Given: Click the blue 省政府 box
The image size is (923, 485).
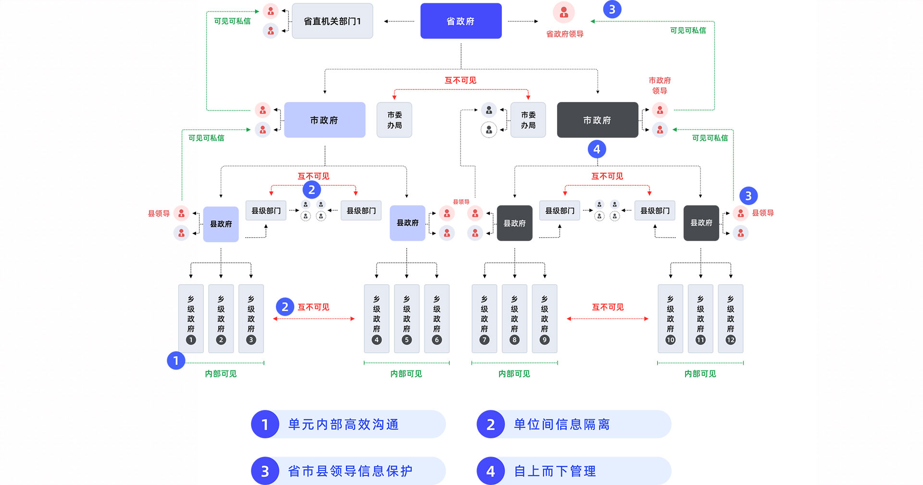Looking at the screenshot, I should (x=461, y=21).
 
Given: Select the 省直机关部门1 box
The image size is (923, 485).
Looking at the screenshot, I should (x=332, y=21).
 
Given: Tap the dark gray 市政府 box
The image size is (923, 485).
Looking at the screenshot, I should (x=597, y=120).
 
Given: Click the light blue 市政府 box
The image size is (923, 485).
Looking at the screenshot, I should (x=324, y=120).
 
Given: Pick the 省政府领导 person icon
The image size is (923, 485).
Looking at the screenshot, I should (x=564, y=13).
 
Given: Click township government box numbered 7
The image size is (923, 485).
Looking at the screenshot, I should (x=484, y=319).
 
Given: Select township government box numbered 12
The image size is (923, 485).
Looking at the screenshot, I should (x=730, y=319).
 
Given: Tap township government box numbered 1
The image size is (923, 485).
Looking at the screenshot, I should (x=191, y=319).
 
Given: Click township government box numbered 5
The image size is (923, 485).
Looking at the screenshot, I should (x=407, y=319).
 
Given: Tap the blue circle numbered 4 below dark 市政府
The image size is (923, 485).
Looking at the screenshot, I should (x=597, y=149).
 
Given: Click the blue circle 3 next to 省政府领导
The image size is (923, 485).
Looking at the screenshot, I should (x=612, y=10).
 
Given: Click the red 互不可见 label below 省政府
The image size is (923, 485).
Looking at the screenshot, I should (x=460, y=80).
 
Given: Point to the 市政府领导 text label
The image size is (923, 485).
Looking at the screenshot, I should (x=660, y=86).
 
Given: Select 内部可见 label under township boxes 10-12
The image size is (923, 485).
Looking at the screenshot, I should (x=700, y=374).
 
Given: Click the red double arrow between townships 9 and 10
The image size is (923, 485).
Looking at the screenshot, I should (x=608, y=319).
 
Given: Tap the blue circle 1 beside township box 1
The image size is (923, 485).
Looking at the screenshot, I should (x=176, y=360).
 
